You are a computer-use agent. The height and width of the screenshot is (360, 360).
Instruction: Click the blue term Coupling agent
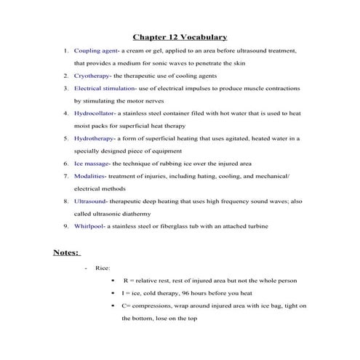click(x=95, y=51)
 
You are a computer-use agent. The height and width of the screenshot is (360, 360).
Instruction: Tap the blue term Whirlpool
click(x=90, y=226)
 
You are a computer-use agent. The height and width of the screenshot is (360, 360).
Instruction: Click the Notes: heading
click(x=66, y=252)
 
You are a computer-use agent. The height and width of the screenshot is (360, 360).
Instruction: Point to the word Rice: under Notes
click(x=103, y=268)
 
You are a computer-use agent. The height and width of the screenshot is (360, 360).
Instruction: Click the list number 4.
click(x=65, y=113)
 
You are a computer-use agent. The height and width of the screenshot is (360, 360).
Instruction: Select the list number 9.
click(x=65, y=226)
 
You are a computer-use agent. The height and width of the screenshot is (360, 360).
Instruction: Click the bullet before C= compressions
click(x=112, y=305)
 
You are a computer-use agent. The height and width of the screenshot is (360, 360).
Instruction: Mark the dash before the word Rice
click(x=86, y=268)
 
